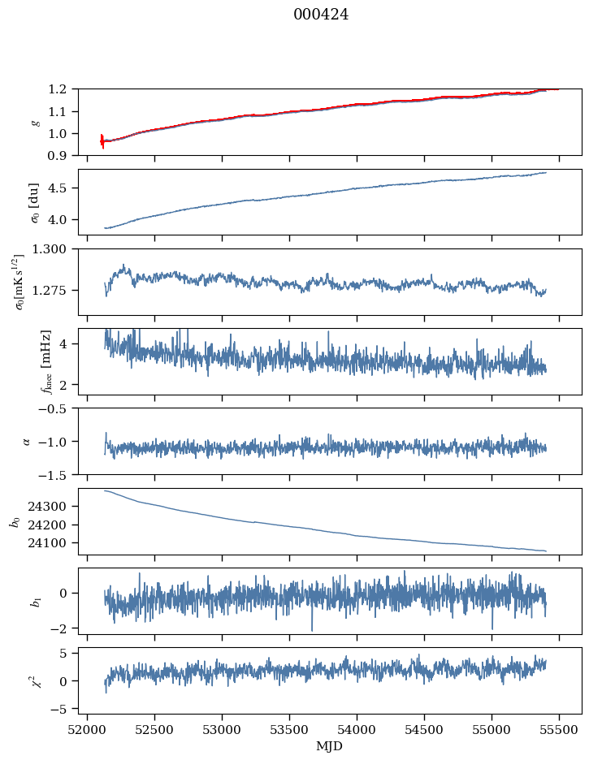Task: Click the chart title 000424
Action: (321, 15)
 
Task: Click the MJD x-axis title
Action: (329, 746)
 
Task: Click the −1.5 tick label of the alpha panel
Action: (58, 474)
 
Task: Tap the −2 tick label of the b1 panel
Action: (62, 629)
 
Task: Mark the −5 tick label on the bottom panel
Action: (62, 709)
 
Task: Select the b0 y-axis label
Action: (14, 521)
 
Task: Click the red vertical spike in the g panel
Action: (102, 141)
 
